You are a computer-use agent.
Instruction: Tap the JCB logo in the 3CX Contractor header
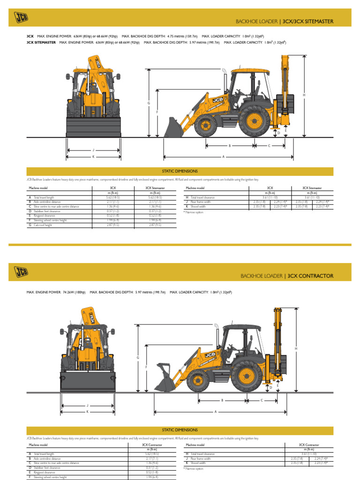(x=21, y=271)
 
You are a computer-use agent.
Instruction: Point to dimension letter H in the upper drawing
(x=304, y=95)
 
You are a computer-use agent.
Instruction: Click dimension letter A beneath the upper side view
(x=224, y=157)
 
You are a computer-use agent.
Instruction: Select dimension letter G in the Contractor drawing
(x=138, y=358)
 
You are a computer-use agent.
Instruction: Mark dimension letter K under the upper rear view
(x=93, y=156)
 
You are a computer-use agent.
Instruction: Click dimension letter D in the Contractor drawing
(x=271, y=388)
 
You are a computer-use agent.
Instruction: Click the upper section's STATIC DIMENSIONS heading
(x=180, y=172)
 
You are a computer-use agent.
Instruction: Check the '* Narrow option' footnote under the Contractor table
(x=194, y=468)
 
